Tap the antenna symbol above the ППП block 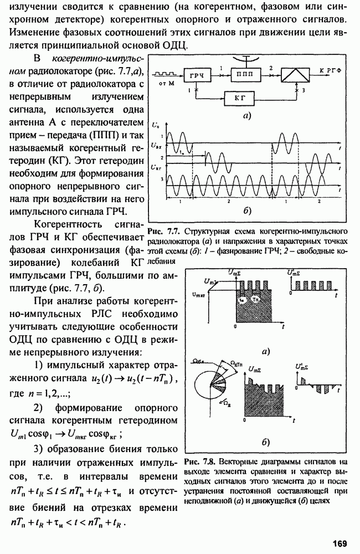tap(244, 59)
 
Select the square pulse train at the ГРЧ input tap(167, 73)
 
